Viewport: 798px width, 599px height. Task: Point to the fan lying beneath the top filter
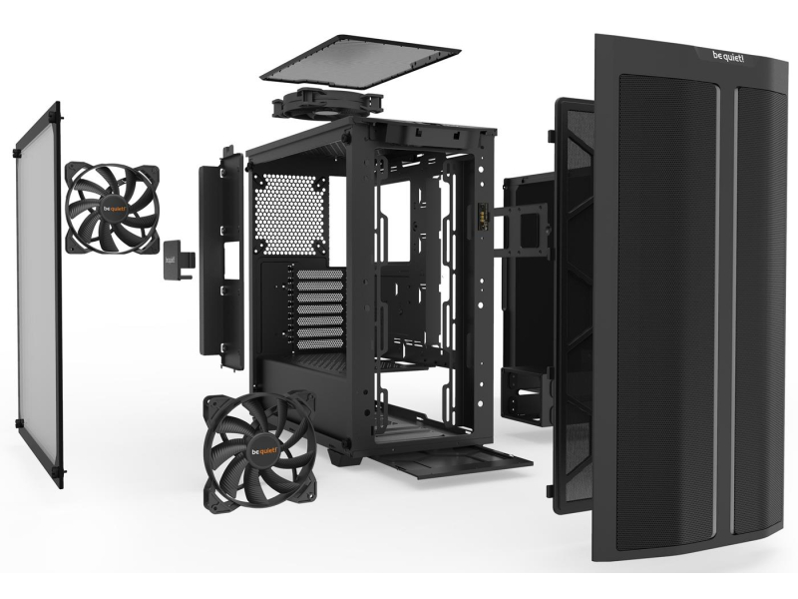click(x=327, y=104)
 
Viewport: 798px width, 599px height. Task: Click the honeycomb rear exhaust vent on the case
click(x=289, y=214)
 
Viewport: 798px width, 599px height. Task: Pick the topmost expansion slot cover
click(x=319, y=275)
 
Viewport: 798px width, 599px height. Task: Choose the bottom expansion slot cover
click(x=319, y=344)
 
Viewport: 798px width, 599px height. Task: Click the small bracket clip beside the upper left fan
click(x=177, y=260)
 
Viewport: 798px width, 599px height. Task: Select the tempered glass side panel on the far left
click(x=38, y=296)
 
